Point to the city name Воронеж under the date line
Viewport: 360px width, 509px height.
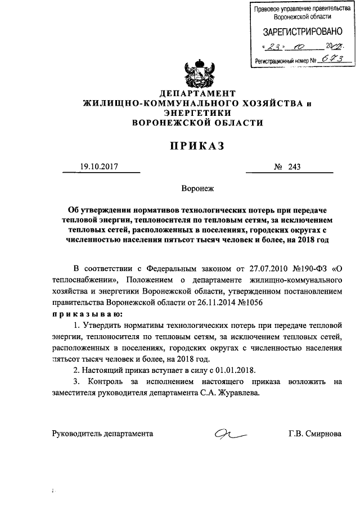(x=197, y=190)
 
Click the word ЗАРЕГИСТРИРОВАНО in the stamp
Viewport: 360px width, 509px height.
(x=299, y=33)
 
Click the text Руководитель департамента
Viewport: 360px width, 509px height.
(x=102, y=434)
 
